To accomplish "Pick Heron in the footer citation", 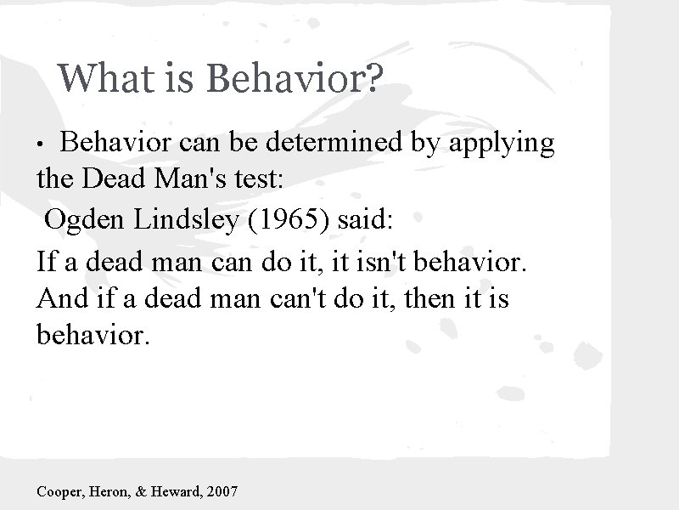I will (x=115, y=491).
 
